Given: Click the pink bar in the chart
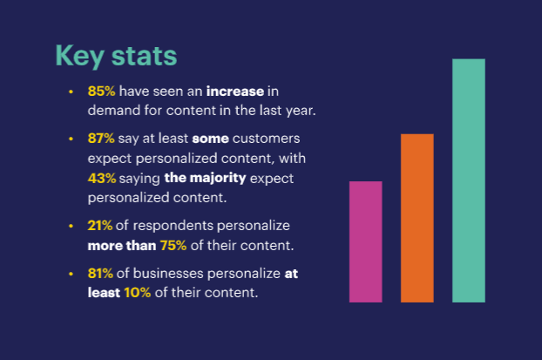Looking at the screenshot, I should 365,241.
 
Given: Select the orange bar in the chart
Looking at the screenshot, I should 417,218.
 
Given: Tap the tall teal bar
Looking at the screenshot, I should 469,180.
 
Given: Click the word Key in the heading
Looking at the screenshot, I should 78,56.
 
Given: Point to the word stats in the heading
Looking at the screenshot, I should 141,56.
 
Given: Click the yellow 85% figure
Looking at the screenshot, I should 102,92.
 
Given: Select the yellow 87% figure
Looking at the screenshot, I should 102,138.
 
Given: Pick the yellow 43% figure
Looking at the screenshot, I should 102,178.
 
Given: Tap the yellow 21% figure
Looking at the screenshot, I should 101,225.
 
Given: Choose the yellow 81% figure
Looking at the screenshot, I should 101,272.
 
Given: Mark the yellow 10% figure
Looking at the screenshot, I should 136,293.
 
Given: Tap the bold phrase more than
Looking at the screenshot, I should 121,246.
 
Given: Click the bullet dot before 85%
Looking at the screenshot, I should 71,92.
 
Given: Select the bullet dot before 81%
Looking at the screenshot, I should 71,272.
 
